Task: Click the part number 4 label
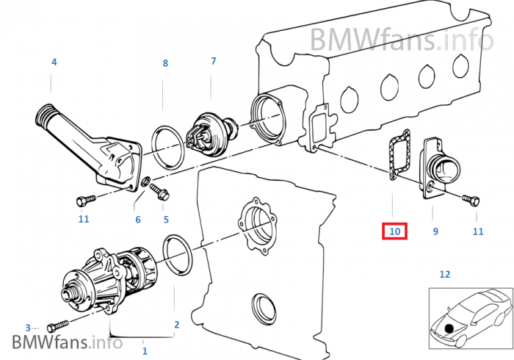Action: point(54,62)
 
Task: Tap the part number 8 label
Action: point(165,64)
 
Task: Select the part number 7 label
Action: point(214,61)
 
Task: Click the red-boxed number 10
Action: point(394,231)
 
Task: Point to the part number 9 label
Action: point(435,231)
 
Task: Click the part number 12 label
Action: point(444,275)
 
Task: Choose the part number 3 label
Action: point(28,328)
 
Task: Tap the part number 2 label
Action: point(176,324)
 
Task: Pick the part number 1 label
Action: point(145,351)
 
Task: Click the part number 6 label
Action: point(137,219)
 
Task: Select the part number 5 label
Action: point(166,219)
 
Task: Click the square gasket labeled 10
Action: point(396,154)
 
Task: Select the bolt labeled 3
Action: point(56,326)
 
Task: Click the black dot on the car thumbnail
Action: point(450,325)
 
